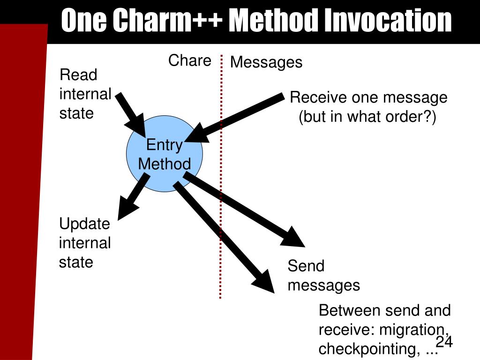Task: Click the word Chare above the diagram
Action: click(x=190, y=60)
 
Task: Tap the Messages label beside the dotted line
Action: click(x=266, y=62)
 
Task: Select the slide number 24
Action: click(x=444, y=342)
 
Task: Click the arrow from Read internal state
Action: click(x=132, y=113)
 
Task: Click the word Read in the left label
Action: click(x=78, y=75)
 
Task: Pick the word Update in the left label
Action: click(x=84, y=224)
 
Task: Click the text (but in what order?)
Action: click(x=367, y=117)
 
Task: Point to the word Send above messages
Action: click(x=306, y=266)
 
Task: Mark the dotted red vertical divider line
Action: click(x=220, y=187)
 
